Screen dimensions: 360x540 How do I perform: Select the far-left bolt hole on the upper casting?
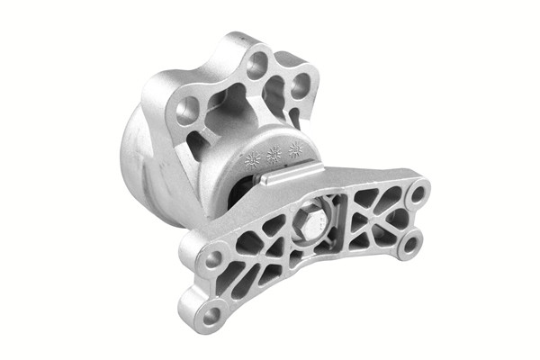tap(187, 112)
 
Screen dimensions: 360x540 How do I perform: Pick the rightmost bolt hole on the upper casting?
tap(301, 85)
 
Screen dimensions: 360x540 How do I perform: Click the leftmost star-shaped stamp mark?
tap(252, 158)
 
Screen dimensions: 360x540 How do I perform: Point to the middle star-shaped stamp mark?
tap(274, 154)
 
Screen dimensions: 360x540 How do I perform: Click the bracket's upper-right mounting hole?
tap(417, 193)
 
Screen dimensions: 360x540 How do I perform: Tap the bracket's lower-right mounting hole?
tap(409, 243)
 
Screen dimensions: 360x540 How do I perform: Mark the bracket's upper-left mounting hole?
tap(214, 259)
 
